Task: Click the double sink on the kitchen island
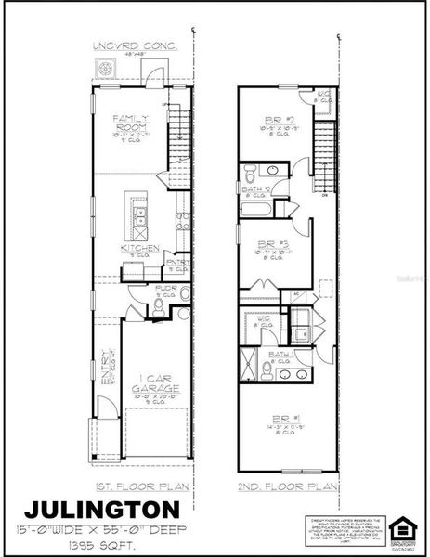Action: click(139, 216)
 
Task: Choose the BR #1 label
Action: click(282, 419)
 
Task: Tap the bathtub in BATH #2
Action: click(259, 209)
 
